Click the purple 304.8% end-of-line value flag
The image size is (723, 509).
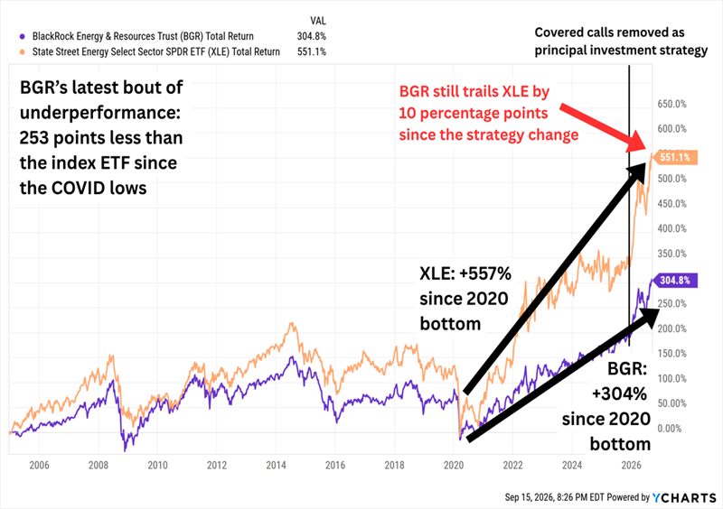673,280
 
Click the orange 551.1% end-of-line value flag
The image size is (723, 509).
673,158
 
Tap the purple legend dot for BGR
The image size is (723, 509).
23,36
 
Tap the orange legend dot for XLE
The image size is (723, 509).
23,52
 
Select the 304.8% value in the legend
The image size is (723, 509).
311,36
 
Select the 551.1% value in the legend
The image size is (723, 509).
311,51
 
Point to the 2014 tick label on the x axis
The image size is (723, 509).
276,466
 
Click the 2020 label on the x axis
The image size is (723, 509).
454,466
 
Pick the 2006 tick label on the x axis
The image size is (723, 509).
39,466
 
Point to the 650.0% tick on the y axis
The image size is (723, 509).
671,104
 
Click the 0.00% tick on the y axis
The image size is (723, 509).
669,429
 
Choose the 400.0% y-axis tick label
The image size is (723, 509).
671,228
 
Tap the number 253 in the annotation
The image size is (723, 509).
33,138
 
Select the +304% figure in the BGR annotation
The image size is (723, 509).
619,393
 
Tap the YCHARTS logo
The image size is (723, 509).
684,497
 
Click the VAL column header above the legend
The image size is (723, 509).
318,21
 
